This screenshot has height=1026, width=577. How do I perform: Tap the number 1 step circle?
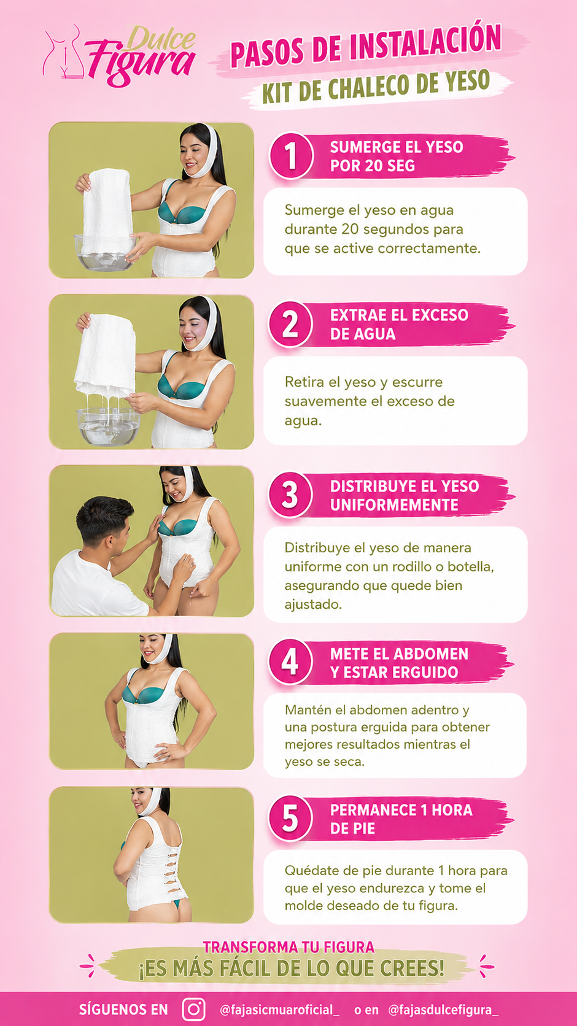(x=291, y=156)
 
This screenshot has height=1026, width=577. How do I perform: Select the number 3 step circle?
(x=290, y=495)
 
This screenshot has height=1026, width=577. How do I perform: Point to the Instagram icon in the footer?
(x=193, y=1009)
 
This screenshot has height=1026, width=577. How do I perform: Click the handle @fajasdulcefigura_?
(x=443, y=1009)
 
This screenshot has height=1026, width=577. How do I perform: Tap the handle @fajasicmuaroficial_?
(x=279, y=1009)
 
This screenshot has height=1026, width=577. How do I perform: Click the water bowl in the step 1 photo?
(x=105, y=253)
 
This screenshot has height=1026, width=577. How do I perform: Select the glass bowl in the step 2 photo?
(x=108, y=426)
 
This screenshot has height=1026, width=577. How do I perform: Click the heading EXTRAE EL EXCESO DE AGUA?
(x=399, y=324)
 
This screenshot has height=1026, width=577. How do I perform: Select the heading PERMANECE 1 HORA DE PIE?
(x=401, y=819)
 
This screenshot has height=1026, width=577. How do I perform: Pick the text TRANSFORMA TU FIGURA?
(x=288, y=946)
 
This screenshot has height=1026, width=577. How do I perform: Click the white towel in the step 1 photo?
(x=107, y=210)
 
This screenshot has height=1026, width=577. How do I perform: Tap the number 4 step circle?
(x=290, y=662)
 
